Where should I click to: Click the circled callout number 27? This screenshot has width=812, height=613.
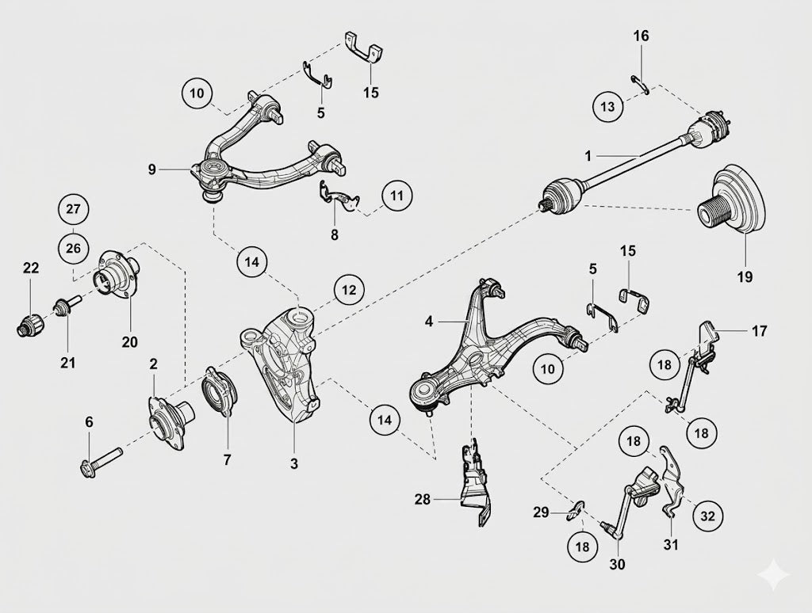pos(73,209)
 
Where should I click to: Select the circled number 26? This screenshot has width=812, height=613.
pos(73,249)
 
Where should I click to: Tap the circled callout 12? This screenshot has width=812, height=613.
pos(349,290)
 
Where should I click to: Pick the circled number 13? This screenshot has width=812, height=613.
pos(608,107)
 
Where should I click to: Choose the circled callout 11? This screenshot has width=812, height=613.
pos(397,196)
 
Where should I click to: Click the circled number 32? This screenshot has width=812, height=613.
pos(707,516)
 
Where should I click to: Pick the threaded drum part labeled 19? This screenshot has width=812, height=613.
pos(730,201)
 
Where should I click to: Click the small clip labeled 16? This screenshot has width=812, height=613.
pos(640,85)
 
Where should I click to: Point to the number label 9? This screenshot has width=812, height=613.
pos(151,169)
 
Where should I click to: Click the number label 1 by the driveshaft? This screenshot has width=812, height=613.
pos(588,156)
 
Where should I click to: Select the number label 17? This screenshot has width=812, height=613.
pos(759,330)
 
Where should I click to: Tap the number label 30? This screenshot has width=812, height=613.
pos(617,564)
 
